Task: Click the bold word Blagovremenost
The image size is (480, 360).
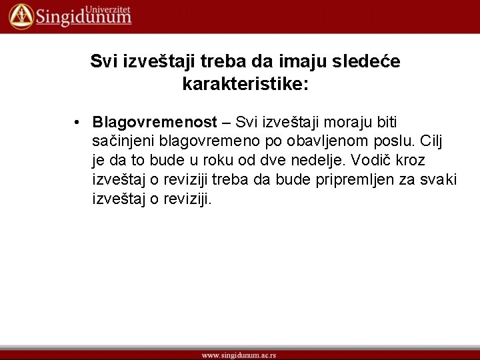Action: [155, 123]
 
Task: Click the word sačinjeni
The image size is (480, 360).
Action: [123, 142]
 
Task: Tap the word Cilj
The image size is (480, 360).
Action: [433, 142]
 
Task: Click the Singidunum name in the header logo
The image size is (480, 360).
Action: [83, 18]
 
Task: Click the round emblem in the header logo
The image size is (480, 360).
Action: [21, 15]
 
